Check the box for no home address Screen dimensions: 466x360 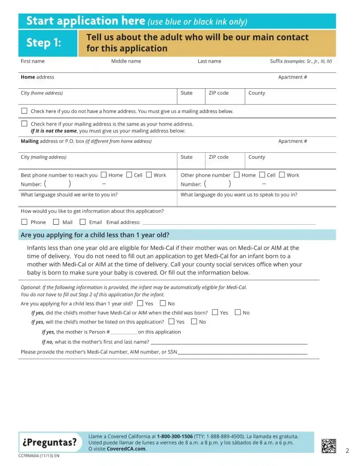click(x=24, y=111)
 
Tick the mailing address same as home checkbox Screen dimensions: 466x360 click(x=24, y=124)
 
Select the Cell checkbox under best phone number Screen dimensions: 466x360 click(x=129, y=175)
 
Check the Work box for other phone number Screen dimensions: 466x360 click(x=282, y=175)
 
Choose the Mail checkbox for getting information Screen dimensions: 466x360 click(x=56, y=222)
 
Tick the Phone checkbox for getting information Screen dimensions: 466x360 click(x=24, y=222)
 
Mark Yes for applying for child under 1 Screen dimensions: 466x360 click(x=140, y=303)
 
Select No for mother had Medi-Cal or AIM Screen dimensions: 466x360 click(x=237, y=312)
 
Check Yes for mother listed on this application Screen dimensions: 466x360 click(x=171, y=322)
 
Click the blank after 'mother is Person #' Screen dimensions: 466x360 click(x=124, y=332)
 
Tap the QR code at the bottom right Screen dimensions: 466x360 click(x=329, y=446)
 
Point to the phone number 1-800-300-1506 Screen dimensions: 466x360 click(x=175, y=436)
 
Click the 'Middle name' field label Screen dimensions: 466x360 click(x=126, y=61)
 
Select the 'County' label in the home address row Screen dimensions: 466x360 click(x=256, y=93)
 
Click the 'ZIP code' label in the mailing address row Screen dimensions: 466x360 click(x=218, y=157)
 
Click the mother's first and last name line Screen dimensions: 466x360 click(x=229, y=342)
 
